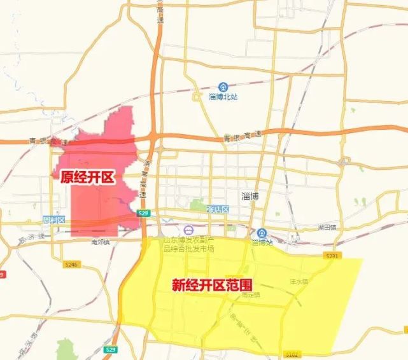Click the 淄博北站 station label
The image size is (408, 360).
(223, 97)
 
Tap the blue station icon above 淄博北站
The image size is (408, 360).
(223, 87)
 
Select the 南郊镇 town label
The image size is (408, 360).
(101, 242)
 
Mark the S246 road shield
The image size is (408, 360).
(71, 263)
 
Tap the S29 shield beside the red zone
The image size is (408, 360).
(144, 213)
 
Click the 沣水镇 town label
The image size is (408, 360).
(299, 280)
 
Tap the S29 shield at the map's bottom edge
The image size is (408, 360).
(111, 350)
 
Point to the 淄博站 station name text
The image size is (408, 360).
(262, 242)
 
